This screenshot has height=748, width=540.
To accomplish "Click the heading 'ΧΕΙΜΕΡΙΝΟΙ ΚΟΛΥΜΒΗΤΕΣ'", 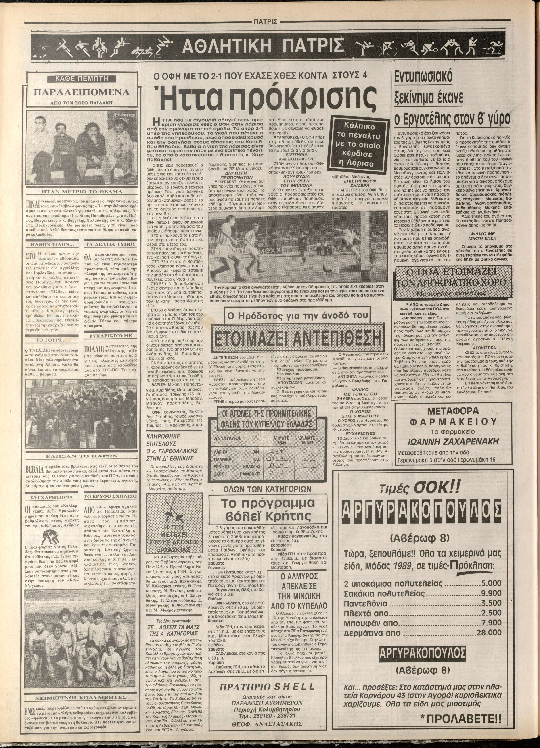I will pyautogui.click(x=81, y=696).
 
